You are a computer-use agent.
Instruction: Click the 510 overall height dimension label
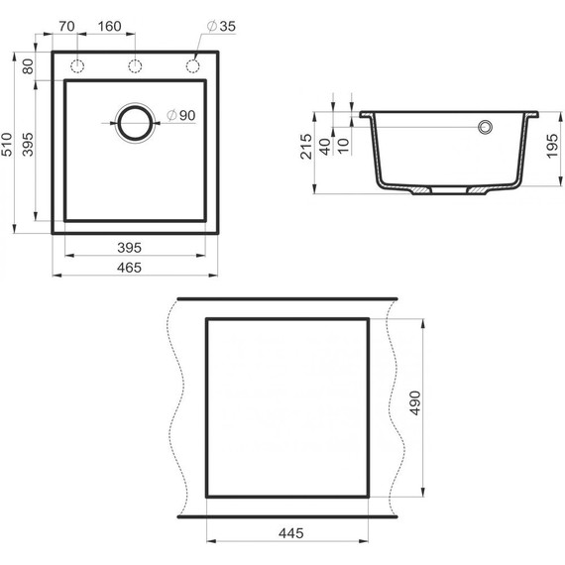coord(7,144)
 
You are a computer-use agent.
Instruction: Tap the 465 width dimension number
coord(130,268)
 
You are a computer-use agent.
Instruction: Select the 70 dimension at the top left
coord(66,27)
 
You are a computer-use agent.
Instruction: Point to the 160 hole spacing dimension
coord(110,27)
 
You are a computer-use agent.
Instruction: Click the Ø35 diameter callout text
coord(221,27)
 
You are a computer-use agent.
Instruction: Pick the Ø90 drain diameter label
coord(181,115)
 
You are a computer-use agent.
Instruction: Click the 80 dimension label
coord(28,66)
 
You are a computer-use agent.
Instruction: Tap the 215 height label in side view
coord(306,147)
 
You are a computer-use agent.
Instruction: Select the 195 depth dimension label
coord(552,146)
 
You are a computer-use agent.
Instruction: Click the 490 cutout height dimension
coord(415,402)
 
